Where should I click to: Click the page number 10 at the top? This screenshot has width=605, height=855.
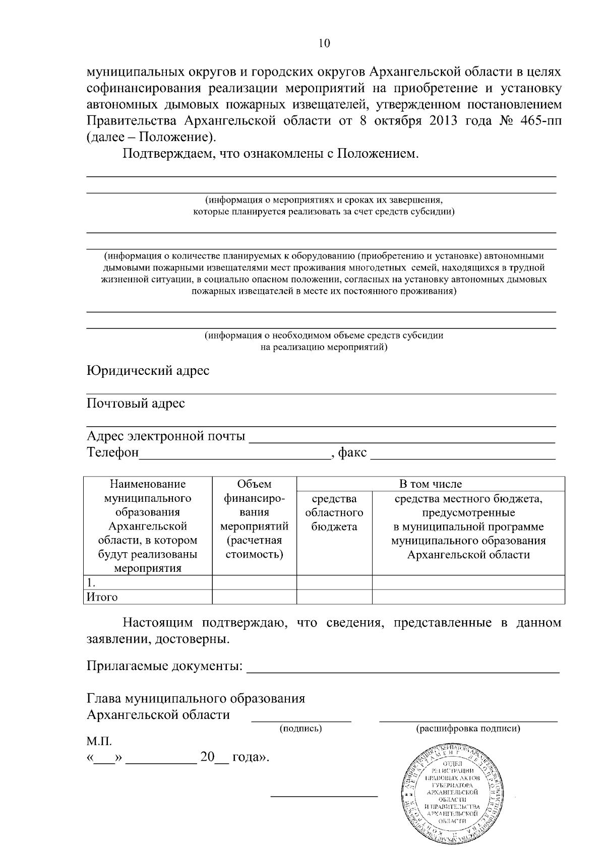(x=324, y=43)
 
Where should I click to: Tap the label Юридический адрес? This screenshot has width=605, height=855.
(x=148, y=371)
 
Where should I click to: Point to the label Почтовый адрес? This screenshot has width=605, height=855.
(x=136, y=404)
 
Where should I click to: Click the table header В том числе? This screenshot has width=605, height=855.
(x=430, y=484)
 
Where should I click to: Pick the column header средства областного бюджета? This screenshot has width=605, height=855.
(x=334, y=513)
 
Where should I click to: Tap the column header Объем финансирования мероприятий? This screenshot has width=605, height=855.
(x=254, y=519)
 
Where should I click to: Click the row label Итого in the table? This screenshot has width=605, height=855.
(x=102, y=598)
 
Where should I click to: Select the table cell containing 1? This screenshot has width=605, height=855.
(x=147, y=582)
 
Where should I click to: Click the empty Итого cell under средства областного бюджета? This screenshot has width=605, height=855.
(x=334, y=598)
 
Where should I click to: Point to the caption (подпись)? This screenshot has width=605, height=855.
(x=300, y=729)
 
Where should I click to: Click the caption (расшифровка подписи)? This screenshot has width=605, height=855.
(x=468, y=729)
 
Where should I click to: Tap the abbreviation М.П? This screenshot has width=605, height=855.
(x=99, y=742)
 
